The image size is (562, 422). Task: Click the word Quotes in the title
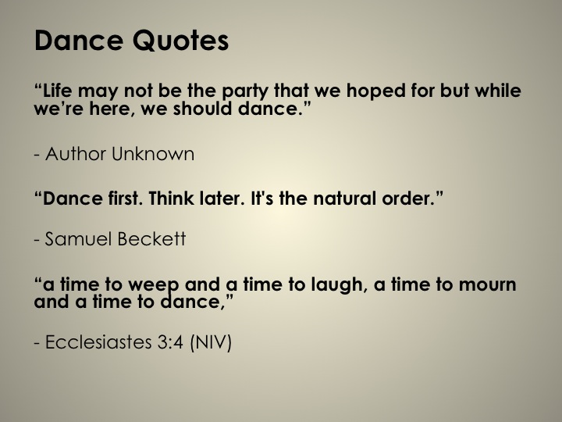click(x=180, y=41)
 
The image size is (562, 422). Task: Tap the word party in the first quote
click(x=245, y=91)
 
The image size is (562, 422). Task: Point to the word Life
click(x=57, y=90)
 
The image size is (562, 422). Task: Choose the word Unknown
click(x=153, y=154)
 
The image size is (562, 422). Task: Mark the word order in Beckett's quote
click(x=408, y=198)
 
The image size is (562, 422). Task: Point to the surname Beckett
click(x=151, y=239)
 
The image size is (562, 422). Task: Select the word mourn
click(x=487, y=285)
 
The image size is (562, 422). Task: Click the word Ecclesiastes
click(x=98, y=342)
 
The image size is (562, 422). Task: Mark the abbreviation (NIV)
click(x=211, y=342)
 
